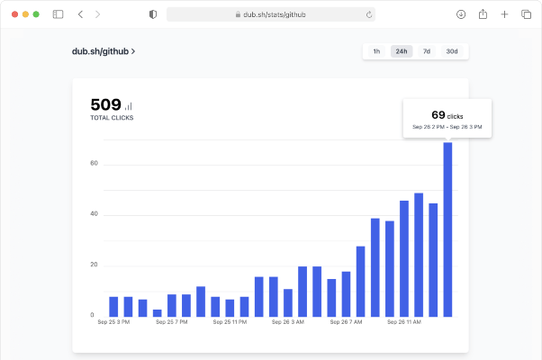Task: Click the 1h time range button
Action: point(376,51)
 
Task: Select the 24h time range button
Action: point(402,51)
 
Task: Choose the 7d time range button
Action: point(427,51)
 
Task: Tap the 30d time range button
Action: point(452,51)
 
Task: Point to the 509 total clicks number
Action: point(105,104)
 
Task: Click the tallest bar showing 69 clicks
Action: point(447,229)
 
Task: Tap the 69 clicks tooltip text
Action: point(447,115)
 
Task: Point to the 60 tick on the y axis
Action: point(94,163)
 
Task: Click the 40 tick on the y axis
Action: point(94,214)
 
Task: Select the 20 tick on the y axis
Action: point(94,265)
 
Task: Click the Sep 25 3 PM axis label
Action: point(113,322)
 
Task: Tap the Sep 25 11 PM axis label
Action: point(230,322)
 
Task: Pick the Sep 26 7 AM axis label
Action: point(346,322)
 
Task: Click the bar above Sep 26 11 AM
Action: point(404,259)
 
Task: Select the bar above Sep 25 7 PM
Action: point(172,306)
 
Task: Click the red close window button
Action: point(15,14)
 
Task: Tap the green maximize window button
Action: point(36,14)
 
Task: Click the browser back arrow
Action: point(80,14)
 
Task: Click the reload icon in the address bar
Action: point(369,14)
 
